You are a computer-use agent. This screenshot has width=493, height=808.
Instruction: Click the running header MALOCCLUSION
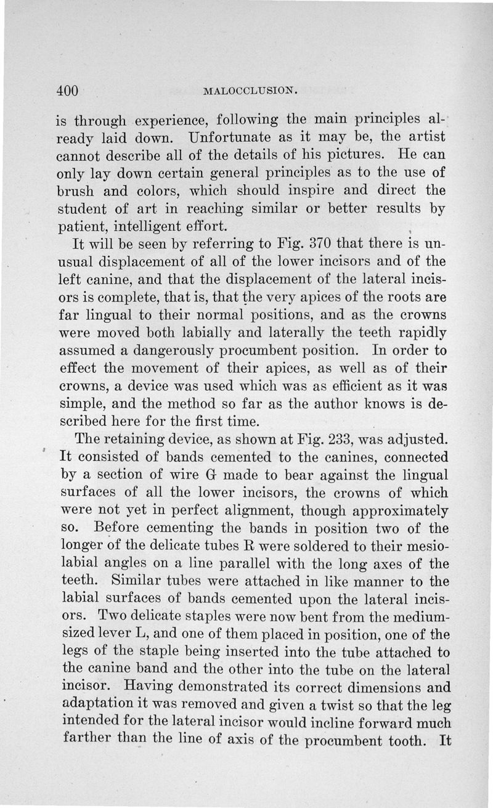click(250, 92)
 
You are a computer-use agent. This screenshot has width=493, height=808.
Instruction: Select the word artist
click(428, 134)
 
